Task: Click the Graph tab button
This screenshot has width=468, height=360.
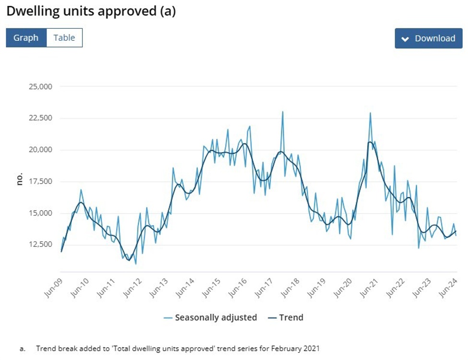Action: click(x=26, y=38)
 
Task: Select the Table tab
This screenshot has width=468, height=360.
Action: click(x=64, y=38)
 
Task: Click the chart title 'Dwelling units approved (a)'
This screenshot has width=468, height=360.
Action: click(x=91, y=11)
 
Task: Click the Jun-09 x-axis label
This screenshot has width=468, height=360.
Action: click(x=54, y=288)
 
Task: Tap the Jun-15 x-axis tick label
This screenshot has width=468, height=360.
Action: click(x=211, y=288)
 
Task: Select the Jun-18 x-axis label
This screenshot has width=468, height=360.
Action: click(x=290, y=288)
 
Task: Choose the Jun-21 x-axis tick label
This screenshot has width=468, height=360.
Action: click(x=369, y=288)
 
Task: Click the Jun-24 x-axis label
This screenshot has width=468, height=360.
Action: click(x=447, y=288)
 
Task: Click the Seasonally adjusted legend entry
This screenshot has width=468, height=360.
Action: click(x=216, y=317)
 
